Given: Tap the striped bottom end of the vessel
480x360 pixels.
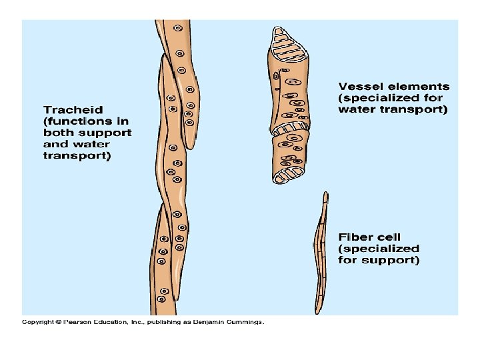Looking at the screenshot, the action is click(x=288, y=175).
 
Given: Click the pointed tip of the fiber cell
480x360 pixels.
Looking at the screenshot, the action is click(x=325, y=195).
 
